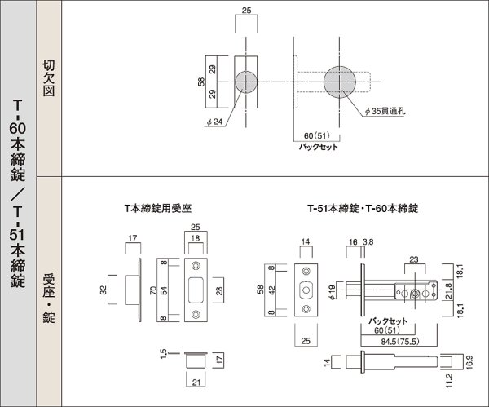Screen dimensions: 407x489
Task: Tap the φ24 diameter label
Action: pyautogui.click(x=215, y=124)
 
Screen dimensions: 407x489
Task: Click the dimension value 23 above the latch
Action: pyautogui.click(x=413, y=259)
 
